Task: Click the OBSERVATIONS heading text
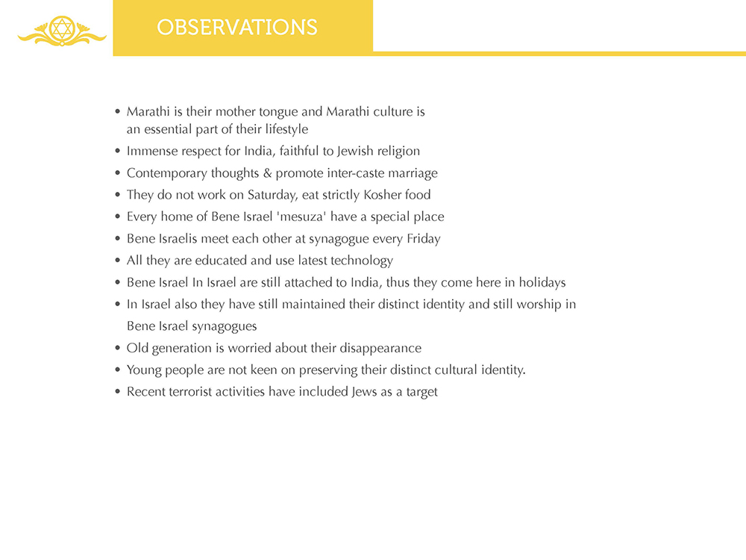237,28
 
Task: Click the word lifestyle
282,129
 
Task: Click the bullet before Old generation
118,349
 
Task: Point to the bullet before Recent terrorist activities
118,392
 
